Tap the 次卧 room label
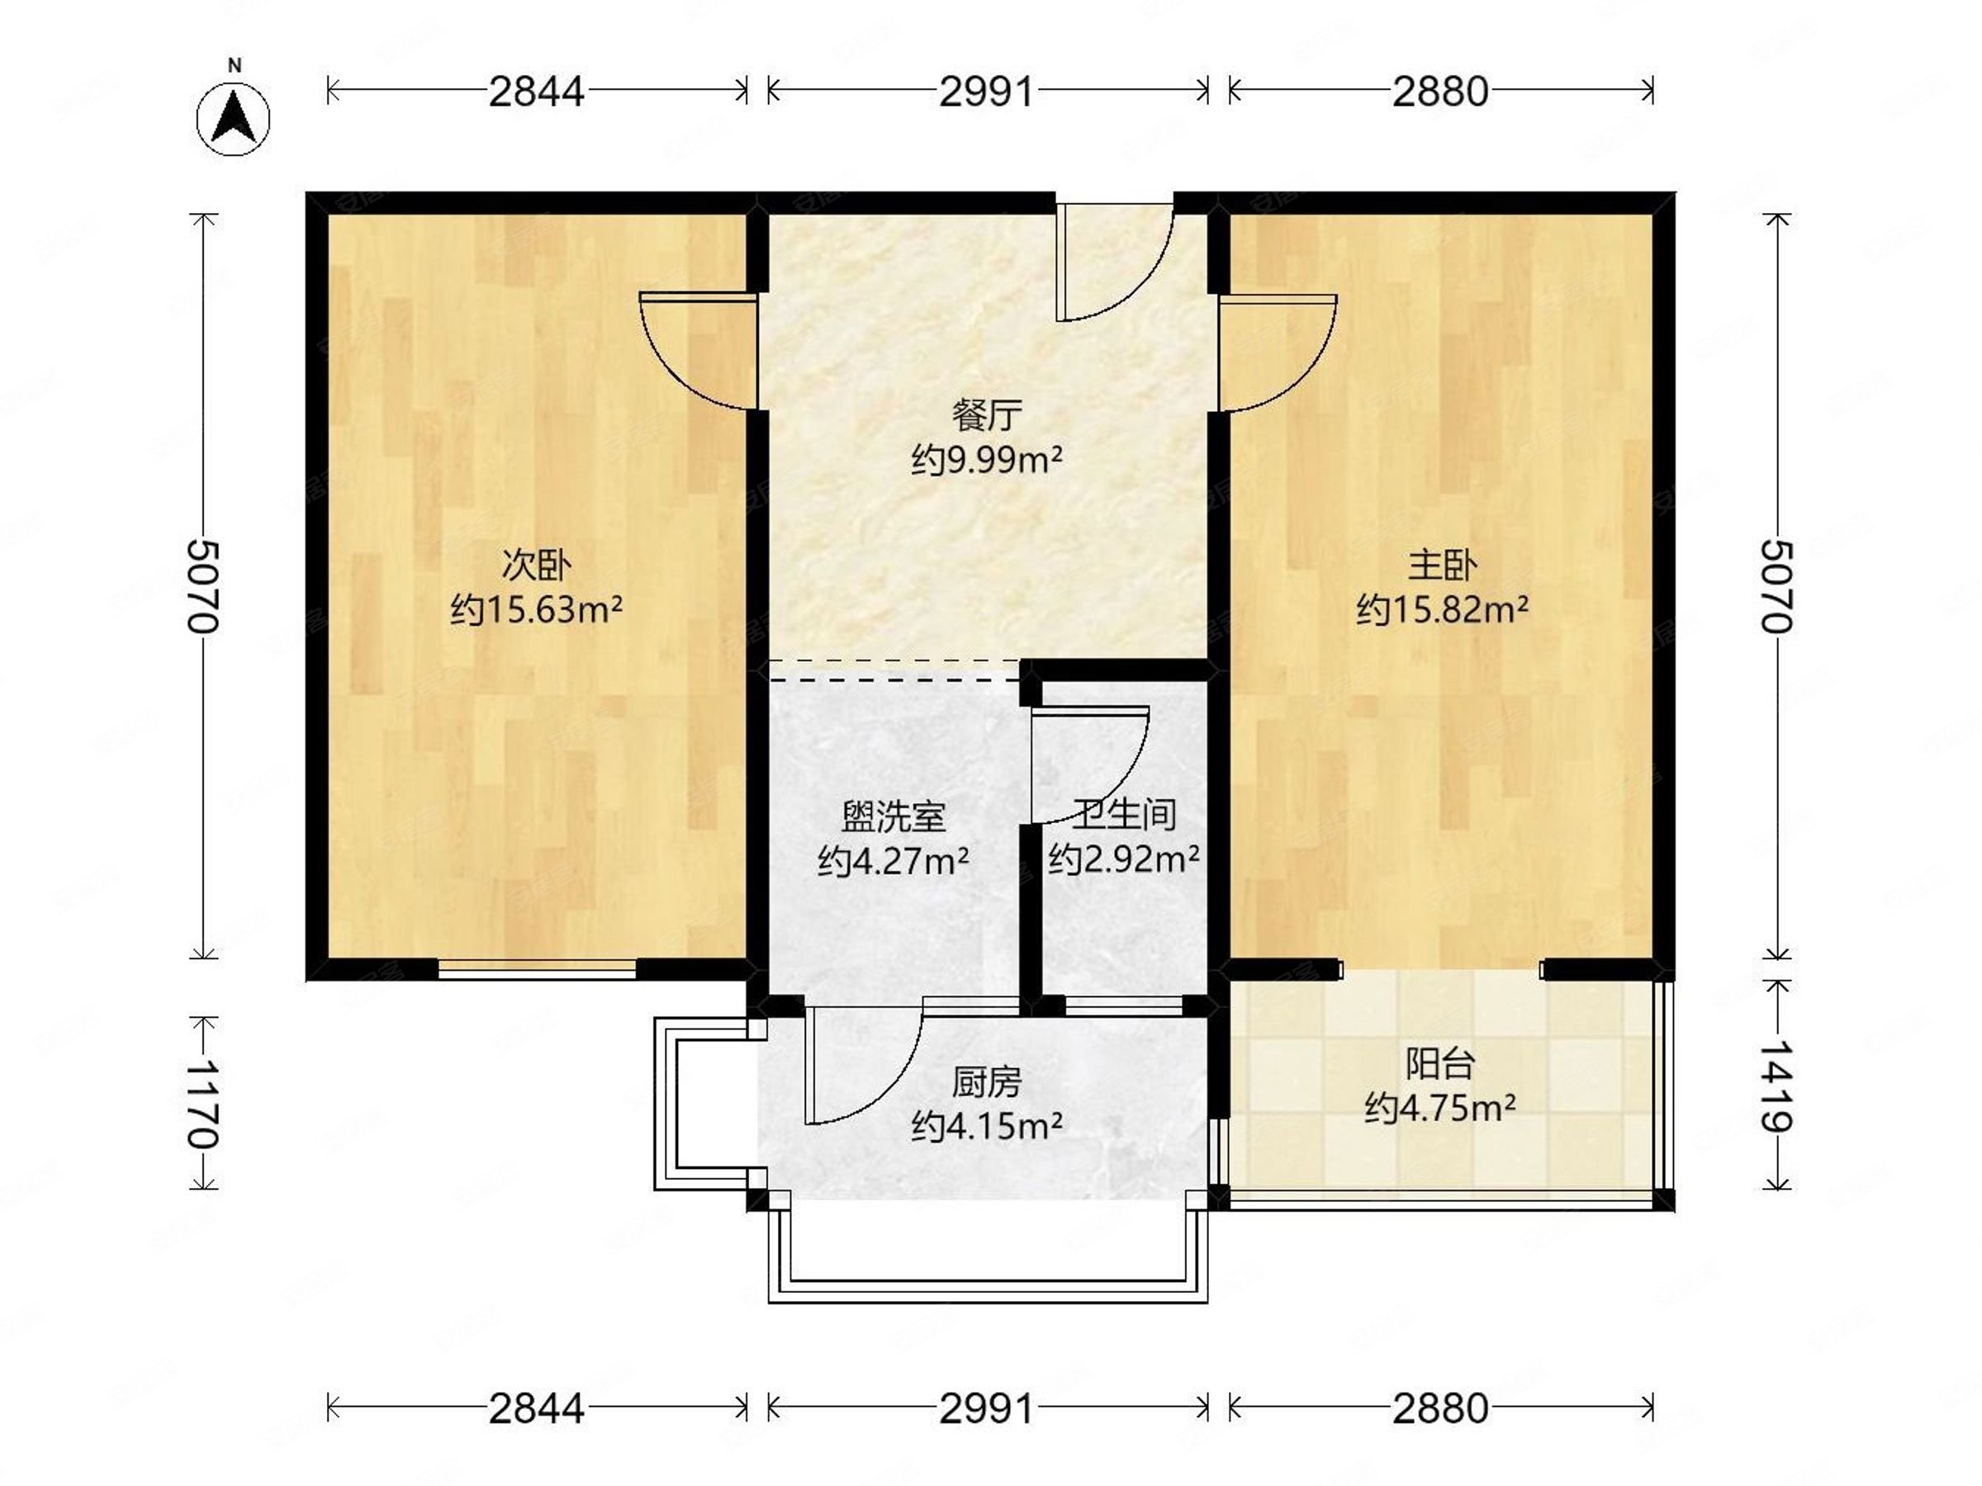tap(536, 566)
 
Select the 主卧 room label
tap(1443, 566)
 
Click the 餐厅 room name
tap(987, 415)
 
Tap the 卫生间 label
tap(1125, 814)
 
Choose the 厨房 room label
tap(987, 1083)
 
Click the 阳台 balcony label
tap(1440, 1063)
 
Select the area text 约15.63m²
tap(536, 610)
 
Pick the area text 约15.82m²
tap(1443, 610)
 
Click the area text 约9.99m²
tap(987, 461)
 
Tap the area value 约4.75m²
tap(1440, 1109)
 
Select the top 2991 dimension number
tap(987, 92)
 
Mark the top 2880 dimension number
tap(1440, 92)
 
